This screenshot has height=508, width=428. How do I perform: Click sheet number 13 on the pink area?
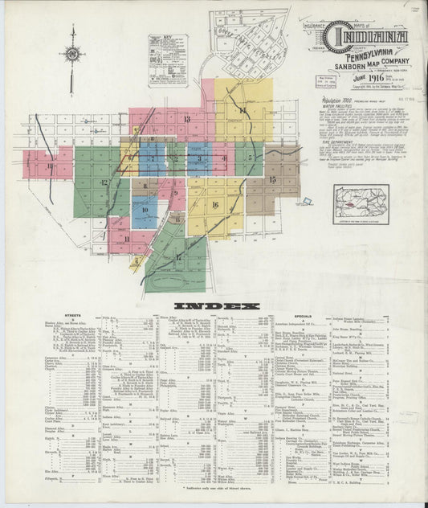186,119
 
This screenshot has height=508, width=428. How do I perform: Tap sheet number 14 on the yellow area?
242,110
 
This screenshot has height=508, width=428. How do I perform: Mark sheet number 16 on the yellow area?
215,204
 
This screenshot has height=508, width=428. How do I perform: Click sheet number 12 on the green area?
104,183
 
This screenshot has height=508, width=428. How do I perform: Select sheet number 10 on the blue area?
145,212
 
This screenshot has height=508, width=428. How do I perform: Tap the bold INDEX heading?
214,306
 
